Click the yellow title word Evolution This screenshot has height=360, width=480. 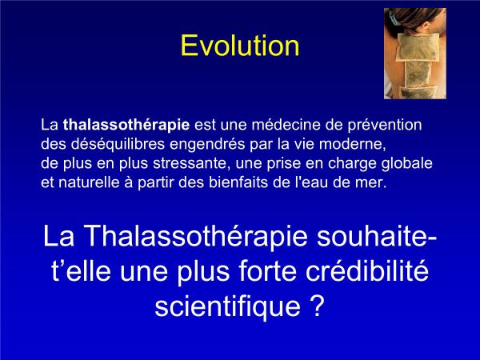coord(240,46)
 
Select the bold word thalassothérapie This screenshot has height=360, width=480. coord(126,126)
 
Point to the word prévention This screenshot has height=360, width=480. coord(385,126)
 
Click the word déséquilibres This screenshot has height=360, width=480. coord(118,144)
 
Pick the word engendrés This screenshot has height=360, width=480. coord(208,145)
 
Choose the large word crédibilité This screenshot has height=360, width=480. coord(367,270)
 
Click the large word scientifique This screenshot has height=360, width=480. coord(228,306)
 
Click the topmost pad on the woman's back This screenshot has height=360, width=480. coord(418,47)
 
